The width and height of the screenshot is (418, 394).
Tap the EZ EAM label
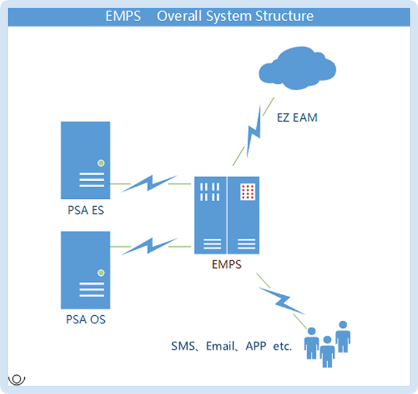(297, 118)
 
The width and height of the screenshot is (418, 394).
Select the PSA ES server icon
(85, 160)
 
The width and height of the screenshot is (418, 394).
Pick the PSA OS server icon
(85, 270)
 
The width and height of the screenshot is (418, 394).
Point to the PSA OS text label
(86, 319)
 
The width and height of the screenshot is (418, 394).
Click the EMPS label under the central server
(227, 264)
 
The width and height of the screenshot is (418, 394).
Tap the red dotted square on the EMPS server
(247, 191)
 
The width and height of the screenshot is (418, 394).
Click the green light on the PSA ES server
(101, 162)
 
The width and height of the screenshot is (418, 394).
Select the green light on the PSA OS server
(101, 272)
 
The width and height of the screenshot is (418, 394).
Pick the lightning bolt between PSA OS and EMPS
(145, 246)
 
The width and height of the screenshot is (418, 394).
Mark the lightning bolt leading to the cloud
(254, 131)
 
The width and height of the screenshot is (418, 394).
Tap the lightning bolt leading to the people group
(280, 298)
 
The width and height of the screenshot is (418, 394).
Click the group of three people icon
(327, 343)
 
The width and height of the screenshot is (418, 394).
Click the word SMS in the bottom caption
(183, 347)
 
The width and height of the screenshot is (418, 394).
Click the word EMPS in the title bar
(122, 16)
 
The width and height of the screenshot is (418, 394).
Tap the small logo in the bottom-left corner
(17, 379)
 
